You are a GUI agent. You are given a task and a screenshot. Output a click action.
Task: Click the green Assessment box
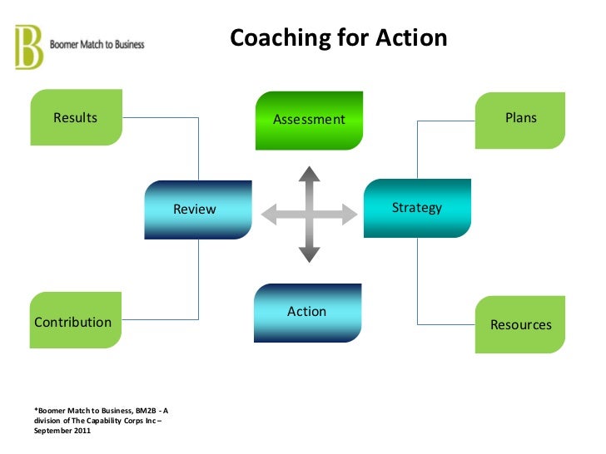[309, 120]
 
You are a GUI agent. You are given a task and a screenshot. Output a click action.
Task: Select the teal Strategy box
[417, 208]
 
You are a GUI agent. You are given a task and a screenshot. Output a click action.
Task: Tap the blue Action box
[307, 312]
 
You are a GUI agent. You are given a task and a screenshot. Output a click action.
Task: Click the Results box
[76, 117]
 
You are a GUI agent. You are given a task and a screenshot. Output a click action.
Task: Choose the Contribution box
[75, 322]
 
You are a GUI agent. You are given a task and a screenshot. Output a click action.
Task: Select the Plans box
[520, 118]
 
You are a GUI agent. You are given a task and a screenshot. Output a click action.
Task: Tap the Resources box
[520, 324]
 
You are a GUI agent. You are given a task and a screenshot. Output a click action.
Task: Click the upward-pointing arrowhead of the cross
[310, 174]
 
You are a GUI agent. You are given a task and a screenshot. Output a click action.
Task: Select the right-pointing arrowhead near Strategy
[350, 214]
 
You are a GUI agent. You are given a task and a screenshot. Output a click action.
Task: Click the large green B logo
[28, 47]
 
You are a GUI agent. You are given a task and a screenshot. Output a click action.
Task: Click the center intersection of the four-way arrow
[310, 214]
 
